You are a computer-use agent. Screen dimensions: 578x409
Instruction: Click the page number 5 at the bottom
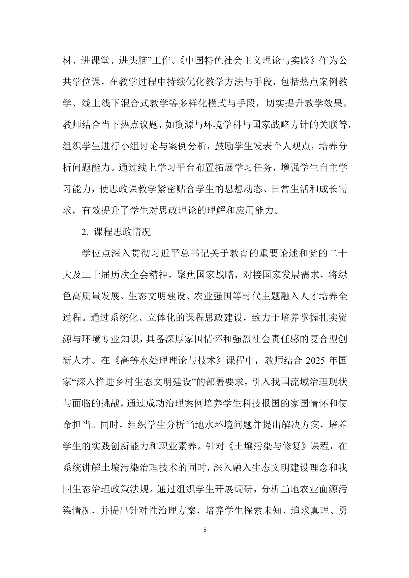coord(205,530)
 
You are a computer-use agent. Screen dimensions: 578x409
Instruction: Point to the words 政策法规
coord(129,489)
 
